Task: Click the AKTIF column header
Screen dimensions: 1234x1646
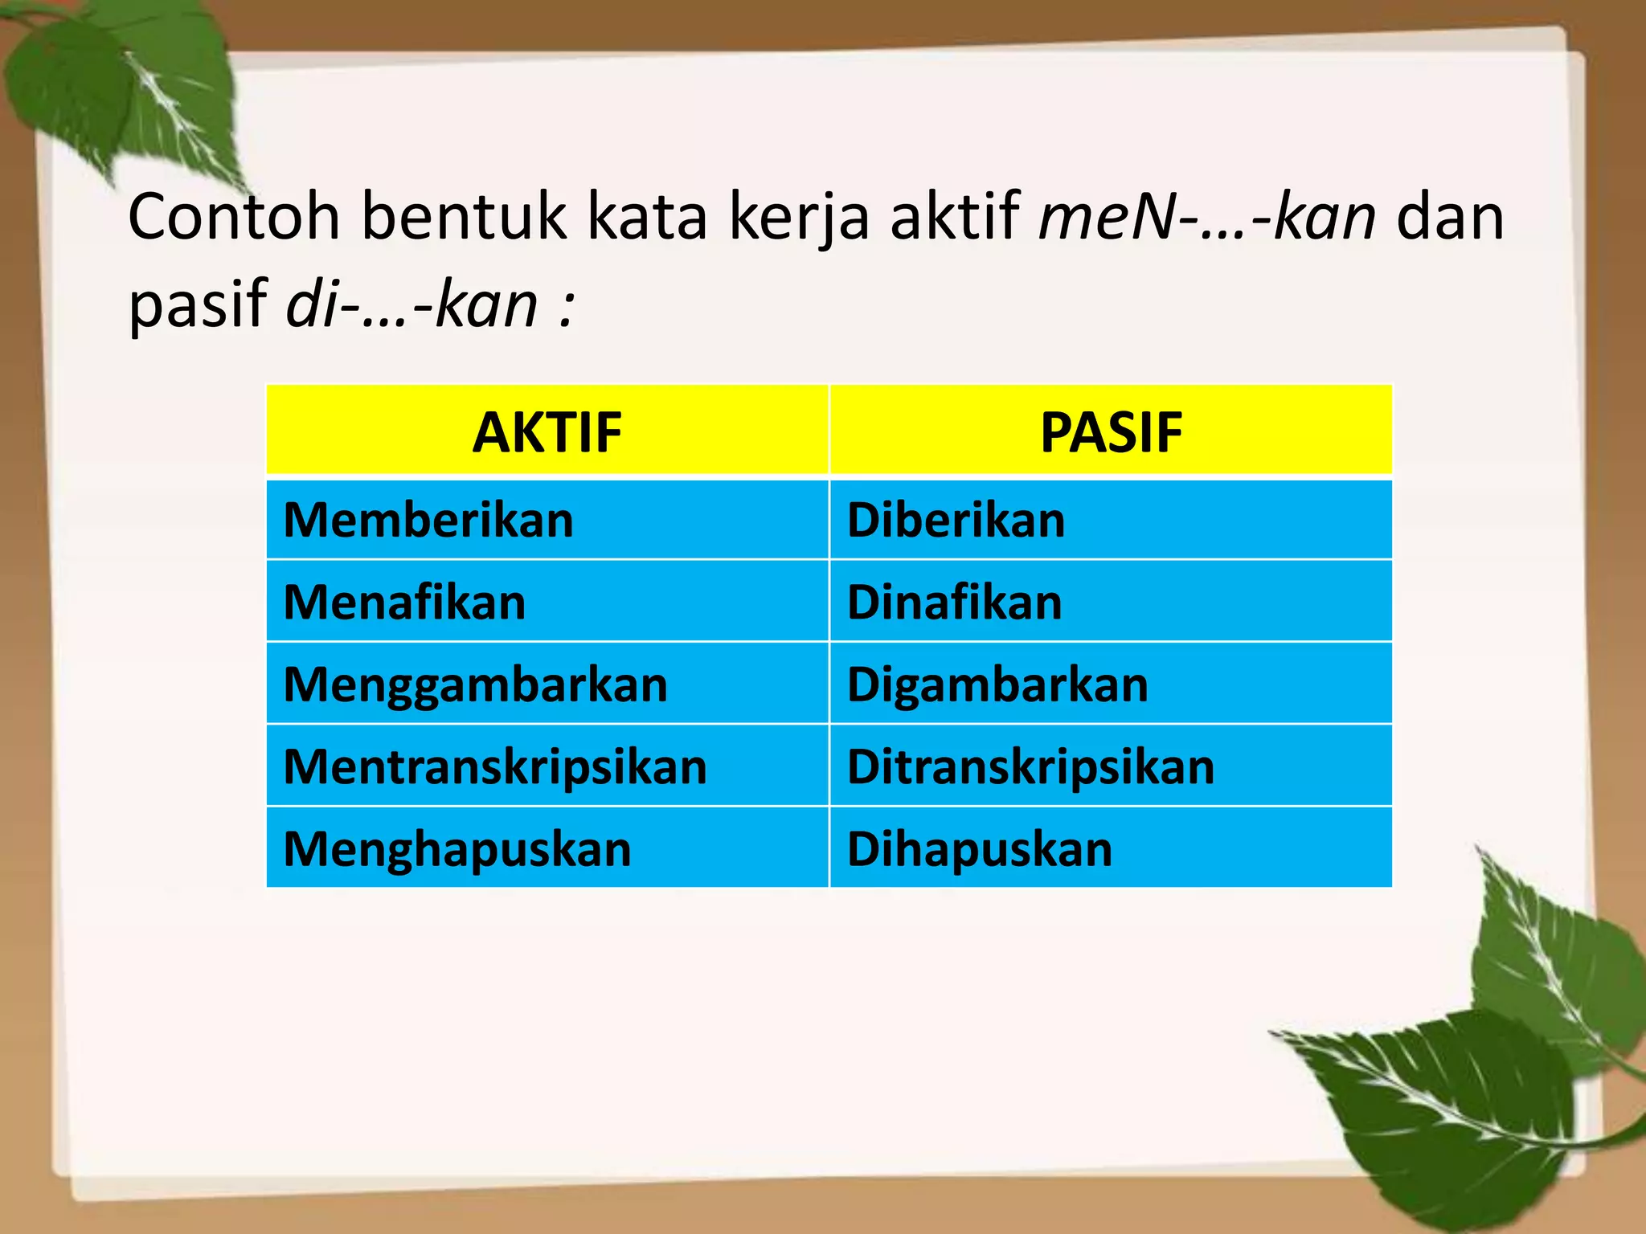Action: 547,432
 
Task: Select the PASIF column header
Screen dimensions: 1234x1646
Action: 1111,432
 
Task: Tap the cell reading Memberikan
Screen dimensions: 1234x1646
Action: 429,520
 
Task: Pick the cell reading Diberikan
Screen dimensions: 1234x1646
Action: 956,520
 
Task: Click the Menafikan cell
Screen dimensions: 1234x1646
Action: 405,602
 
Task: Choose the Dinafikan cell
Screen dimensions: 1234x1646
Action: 954,602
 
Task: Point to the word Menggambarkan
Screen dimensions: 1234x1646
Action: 476,684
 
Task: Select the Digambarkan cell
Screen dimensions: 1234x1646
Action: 997,684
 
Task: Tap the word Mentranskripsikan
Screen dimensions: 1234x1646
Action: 495,766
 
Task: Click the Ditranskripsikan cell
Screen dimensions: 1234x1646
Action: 1030,766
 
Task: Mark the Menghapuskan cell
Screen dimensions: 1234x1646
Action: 457,849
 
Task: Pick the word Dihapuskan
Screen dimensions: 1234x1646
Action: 980,849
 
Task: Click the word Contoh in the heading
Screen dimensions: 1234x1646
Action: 234,217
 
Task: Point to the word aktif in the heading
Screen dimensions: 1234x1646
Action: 955,217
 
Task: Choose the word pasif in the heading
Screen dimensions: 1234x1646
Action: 198,305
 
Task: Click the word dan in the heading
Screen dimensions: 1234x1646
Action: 1450,217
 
